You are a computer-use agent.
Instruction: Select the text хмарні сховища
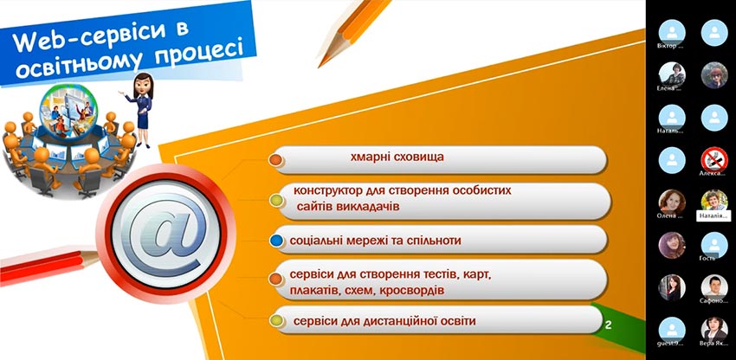point(397,158)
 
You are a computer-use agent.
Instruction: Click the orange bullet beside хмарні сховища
point(275,160)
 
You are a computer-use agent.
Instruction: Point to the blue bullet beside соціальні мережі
point(276,240)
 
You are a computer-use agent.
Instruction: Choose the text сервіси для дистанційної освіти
point(384,322)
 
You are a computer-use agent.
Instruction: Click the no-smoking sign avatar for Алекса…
point(713,158)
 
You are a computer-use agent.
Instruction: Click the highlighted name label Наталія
point(714,217)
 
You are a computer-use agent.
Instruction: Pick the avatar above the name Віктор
point(672,30)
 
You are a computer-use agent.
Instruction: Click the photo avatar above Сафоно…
point(713,286)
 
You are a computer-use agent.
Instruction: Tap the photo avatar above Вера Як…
point(713,328)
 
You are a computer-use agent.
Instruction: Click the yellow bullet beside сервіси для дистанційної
point(276,322)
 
